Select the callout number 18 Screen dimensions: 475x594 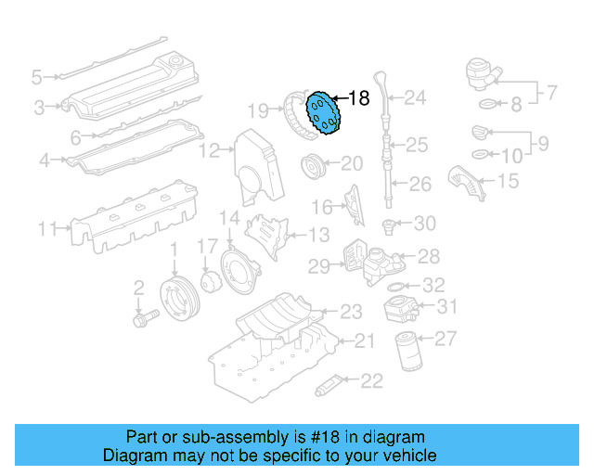coord(358,97)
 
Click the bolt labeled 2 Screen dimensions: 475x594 coord(144,316)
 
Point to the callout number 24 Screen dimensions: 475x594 coord(414,97)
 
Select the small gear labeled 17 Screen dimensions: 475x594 coord(209,280)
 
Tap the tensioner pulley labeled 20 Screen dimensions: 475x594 coord(315,169)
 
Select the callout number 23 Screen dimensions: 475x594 coord(351,312)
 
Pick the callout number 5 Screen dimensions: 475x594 coord(36,77)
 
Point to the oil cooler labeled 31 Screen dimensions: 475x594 coord(405,306)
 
